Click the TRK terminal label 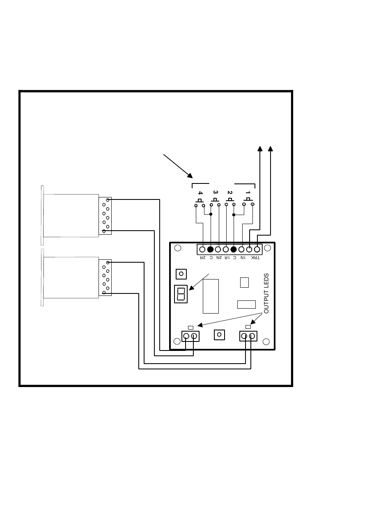pyautogui.click(x=257, y=258)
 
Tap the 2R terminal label pyautogui.click(x=202, y=258)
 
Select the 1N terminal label pyautogui.click(x=242, y=258)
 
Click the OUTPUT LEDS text pyautogui.click(x=266, y=293)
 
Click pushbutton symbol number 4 pyautogui.click(x=200, y=202)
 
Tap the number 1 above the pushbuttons pyautogui.click(x=248, y=192)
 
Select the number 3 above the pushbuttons pyautogui.click(x=216, y=192)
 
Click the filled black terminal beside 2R pyautogui.click(x=210, y=249)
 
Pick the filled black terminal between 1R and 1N pyautogui.click(x=234, y=249)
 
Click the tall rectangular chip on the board pyautogui.click(x=211, y=296)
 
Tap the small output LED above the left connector pyautogui.click(x=190, y=328)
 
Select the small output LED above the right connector pyautogui.click(x=248, y=327)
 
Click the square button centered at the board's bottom pyautogui.click(x=219, y=335)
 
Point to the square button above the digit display pyautogui.click(x=181, y=274)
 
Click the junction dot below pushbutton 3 pyautogui.click(x=211, y=215)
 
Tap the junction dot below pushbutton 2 pyautogui.click(x=234, y=215)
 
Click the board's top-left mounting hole pyautogui.click(x=177, y=248)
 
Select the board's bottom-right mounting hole pyautogui.click(x=266, y=341)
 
